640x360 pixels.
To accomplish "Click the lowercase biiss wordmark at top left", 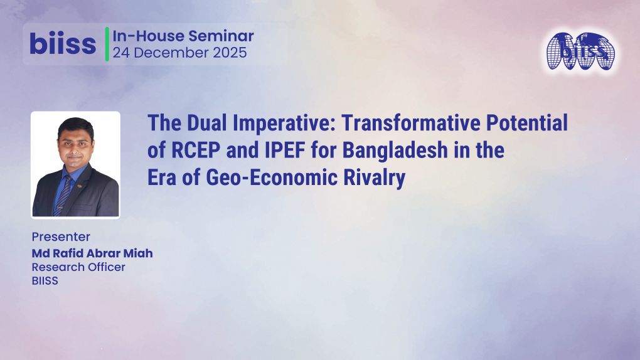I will (x=63, y=44).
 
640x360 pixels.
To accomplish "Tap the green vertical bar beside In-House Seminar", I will (x=107, y=44).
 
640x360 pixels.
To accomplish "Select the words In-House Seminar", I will (x=183, y=36).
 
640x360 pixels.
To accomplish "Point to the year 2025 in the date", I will (x=227, y=53).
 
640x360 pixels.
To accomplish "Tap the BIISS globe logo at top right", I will (x=579, y=51).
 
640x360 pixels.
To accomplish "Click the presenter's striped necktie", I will (x=65, y=191).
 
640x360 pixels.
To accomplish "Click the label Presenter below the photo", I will (x=61, y=237).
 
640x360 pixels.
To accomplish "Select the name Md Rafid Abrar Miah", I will (x=92, y=253).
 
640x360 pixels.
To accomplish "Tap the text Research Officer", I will (x=78, y=267).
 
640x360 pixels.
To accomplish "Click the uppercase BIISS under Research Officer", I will (x=45, y=281).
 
